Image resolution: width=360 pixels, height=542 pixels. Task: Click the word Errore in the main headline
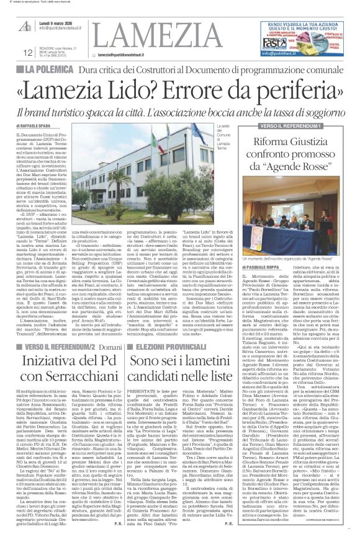176,91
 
